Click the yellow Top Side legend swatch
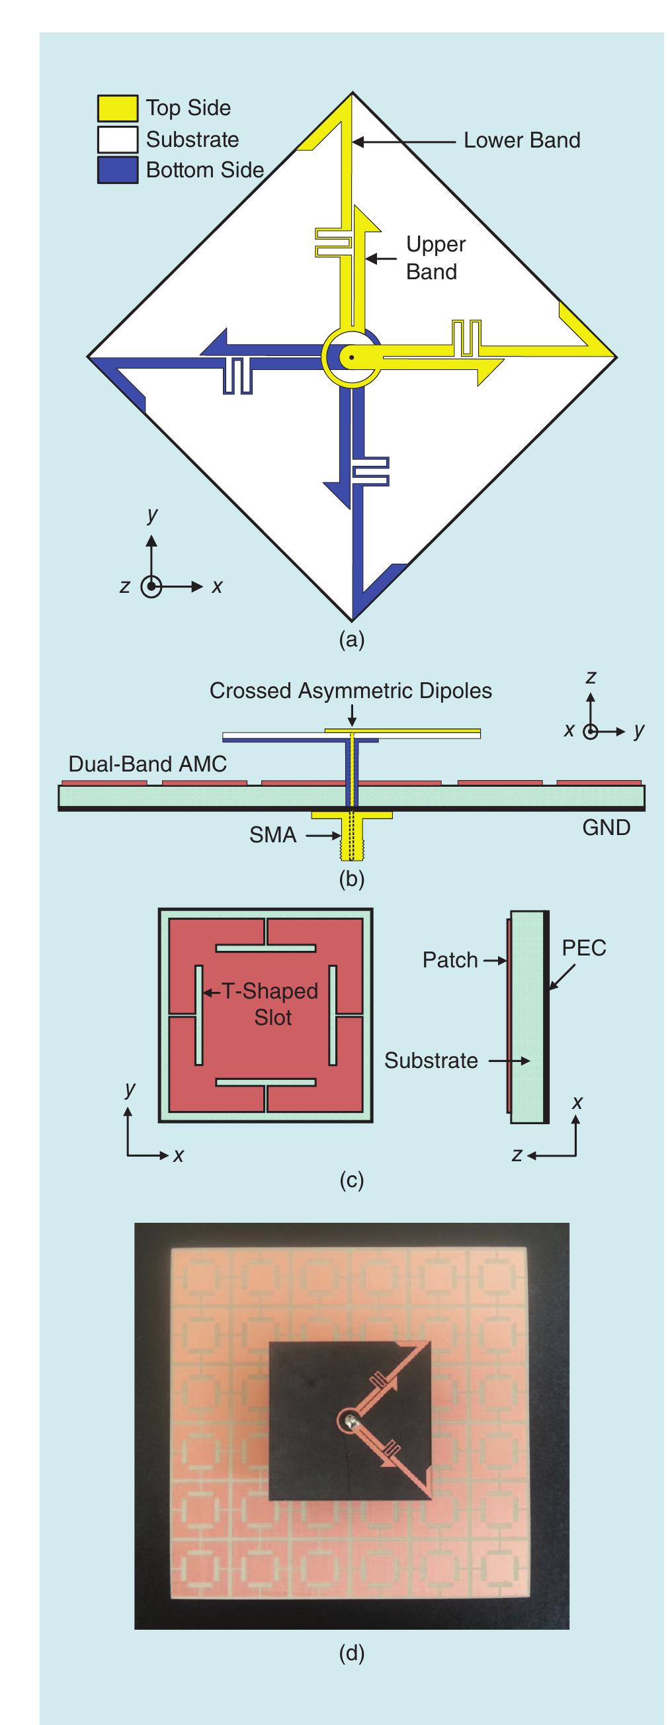[117, 108]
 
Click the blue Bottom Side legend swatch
[117, 170]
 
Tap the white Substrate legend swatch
[117, 140]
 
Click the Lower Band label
[521, 141]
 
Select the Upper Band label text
[435, 258]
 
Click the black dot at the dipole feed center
[350, 357]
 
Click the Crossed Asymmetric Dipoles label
[350, 691]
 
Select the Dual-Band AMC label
[147, 764]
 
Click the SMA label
[272, 835]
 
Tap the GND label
[606, 828]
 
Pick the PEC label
[583, 948]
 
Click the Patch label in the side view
[450, 960]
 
